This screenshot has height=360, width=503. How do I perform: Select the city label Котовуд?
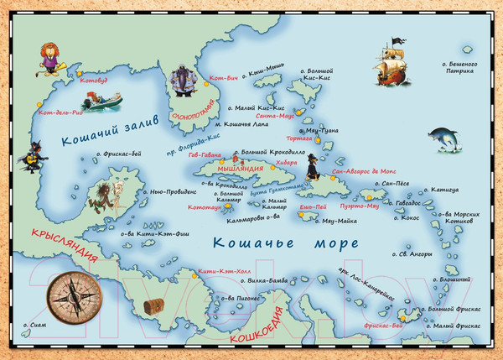tap(93, 82)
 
